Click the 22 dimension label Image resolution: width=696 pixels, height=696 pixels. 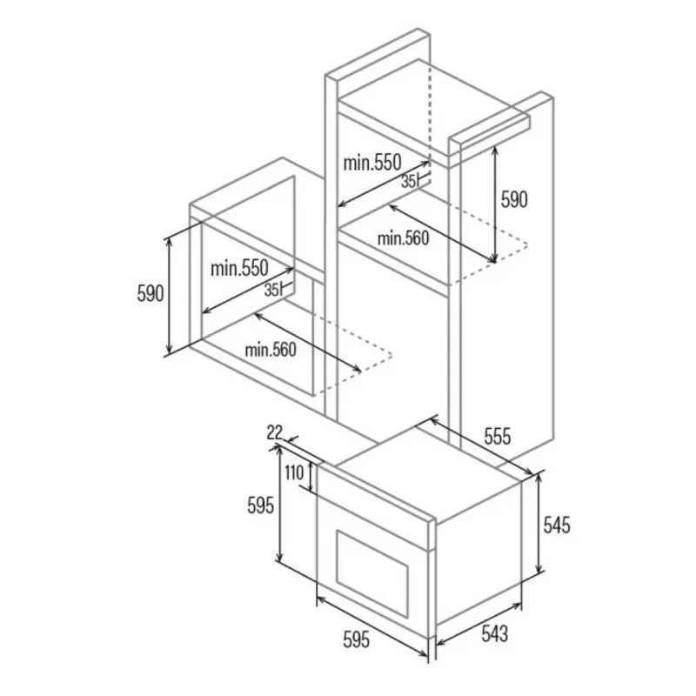click(x=276, y=432)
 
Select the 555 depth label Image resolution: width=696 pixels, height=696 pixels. click(x=497, y=437)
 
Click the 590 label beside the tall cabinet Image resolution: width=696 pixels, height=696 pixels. click(x=513, y=199)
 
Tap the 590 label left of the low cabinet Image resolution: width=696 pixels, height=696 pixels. click(x=150, y=293)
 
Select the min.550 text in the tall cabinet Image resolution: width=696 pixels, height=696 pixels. click(x=371, y=162)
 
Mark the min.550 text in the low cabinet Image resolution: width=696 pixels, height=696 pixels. click(x=239, y=268)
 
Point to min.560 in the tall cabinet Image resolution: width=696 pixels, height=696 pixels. click(x=404, y=238)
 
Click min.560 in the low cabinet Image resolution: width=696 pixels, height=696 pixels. click(x=271, y=350)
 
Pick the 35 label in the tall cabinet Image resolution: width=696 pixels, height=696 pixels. click(x=408, y=182)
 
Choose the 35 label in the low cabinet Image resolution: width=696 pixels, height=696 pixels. click(x=271, y=290)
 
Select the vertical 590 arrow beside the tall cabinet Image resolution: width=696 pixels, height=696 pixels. click(x=494, y=204)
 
